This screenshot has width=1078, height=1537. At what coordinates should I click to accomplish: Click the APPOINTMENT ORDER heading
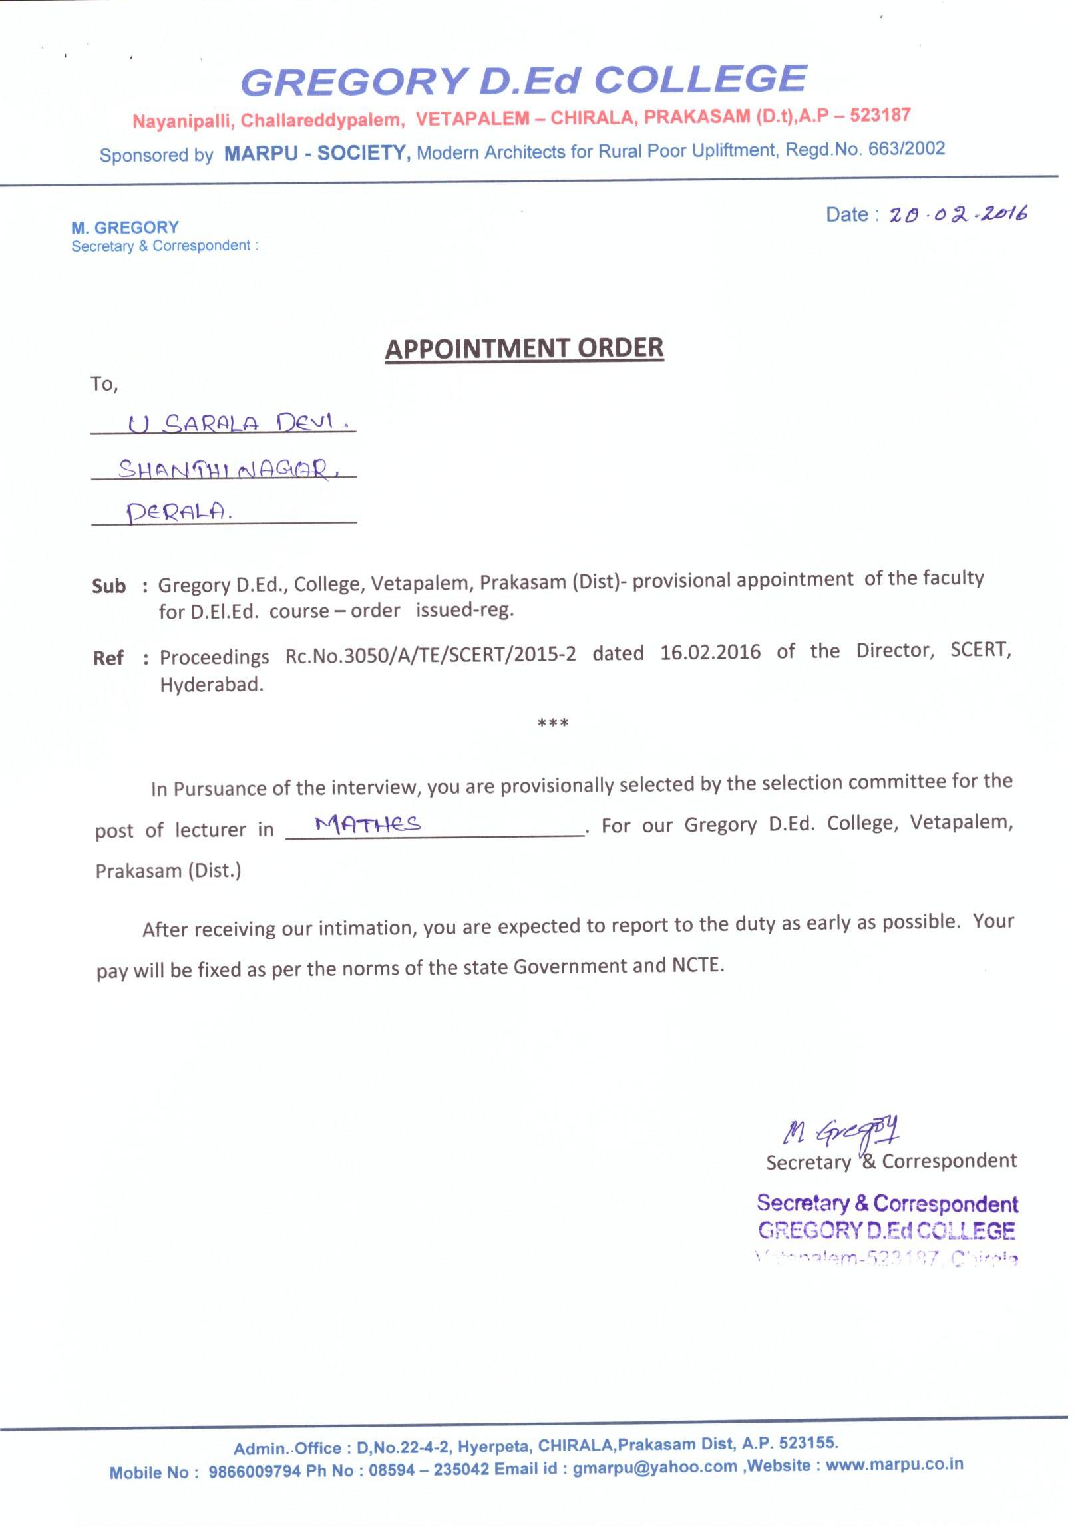point(524,349)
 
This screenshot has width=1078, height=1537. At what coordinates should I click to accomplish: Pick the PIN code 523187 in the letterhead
point(880,115)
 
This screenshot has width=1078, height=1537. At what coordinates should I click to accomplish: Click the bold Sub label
point(108,586)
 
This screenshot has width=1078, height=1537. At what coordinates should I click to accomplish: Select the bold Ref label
point(108,658)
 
